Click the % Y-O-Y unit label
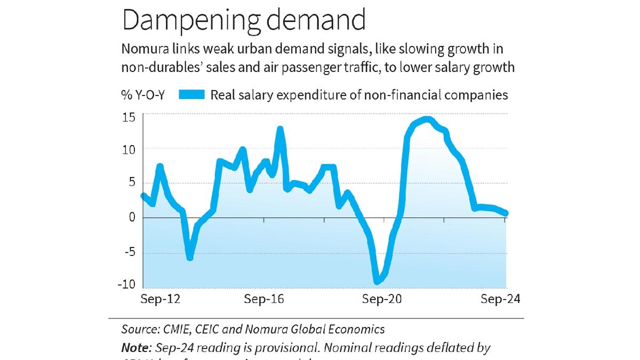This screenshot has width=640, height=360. click(x=143, y=95)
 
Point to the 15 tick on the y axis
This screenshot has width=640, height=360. click(x=129, y=116)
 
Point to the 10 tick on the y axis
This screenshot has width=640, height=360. click(x=129, y=149)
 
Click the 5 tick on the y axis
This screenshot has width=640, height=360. click(x=131, y=183)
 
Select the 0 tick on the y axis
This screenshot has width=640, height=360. click(x=131, y=218)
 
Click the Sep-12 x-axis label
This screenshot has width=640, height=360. click(x=161, y=300)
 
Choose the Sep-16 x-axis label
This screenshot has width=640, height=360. click(x=263, y=300)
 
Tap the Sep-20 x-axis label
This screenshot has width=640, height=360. click(x=382, y=300)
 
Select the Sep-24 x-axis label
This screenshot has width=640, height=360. click(x=500, y=300)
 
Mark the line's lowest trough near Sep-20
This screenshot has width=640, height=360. click(x=377, y=281)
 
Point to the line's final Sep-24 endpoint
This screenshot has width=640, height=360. click(x=506, y=213)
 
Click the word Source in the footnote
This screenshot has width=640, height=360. click(x=138, y=329)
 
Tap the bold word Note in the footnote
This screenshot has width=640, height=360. click(x=135, y=348)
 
